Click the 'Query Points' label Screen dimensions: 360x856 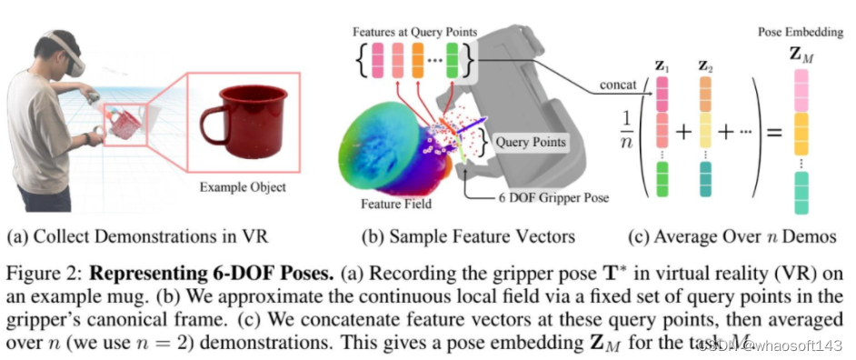532,142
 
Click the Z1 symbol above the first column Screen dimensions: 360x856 662,66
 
